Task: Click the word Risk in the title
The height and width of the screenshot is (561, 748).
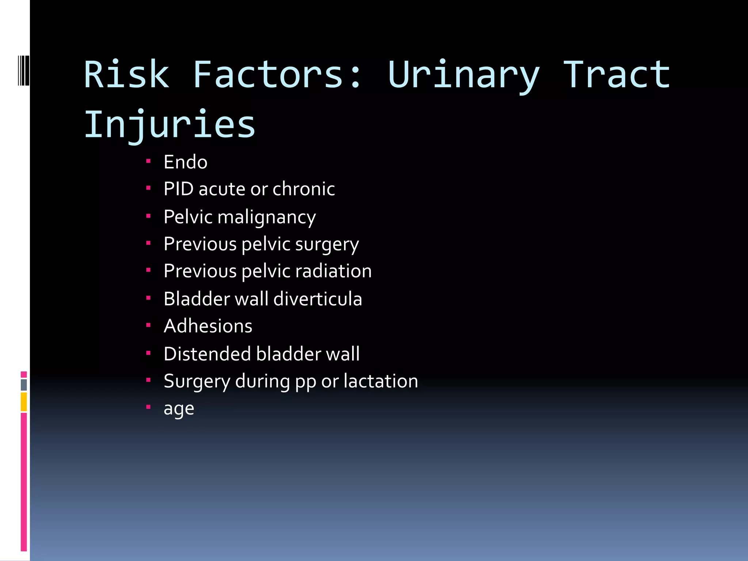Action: tap(126, 75)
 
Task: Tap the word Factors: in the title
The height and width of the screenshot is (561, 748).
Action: tap(277, 75)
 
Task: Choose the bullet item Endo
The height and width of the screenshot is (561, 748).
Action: tap(186, 162)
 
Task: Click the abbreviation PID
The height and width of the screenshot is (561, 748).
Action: tap(179, 189)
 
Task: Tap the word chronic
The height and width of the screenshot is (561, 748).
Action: tap(304, 189)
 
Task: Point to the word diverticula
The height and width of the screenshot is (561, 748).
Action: tap(317, 299)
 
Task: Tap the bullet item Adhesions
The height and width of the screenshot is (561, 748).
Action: tap(208, 326)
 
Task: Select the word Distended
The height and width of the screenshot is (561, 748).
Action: tap(207, 354)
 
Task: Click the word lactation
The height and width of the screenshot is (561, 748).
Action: tap(381, 381)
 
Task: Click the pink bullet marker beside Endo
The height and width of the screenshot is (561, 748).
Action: tap(148, 161)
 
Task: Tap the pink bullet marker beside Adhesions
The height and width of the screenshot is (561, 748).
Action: tap(148, 325)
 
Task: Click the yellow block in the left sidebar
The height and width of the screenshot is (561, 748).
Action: tap(24, 402)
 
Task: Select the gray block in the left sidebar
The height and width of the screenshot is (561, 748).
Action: tap(24, 385)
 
